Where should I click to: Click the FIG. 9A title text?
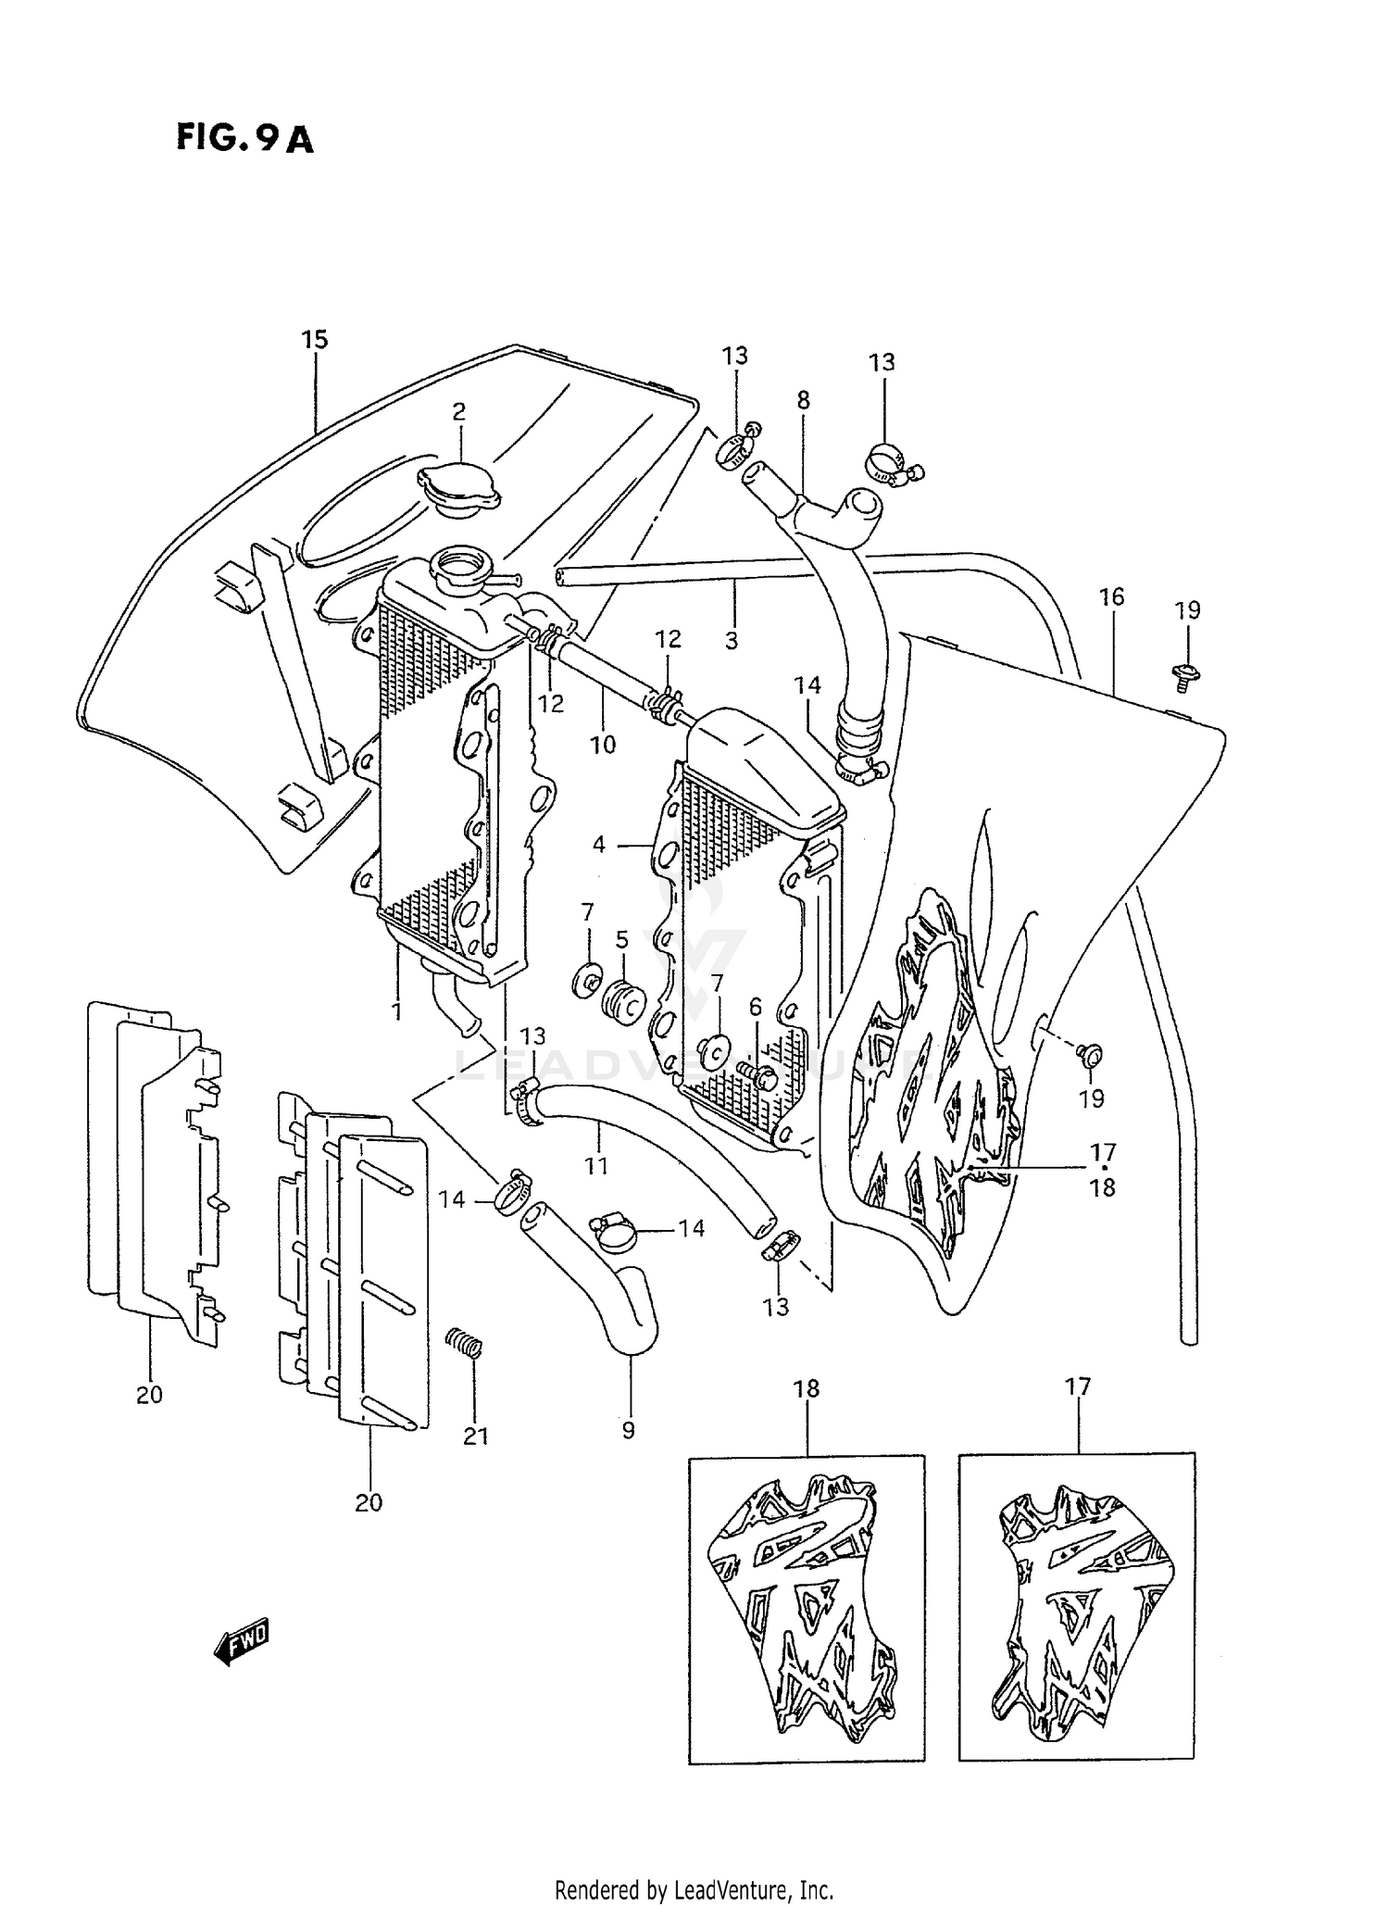coord(244,138)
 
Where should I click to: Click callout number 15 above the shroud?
coord(315,340)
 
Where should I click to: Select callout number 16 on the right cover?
coord(1111,597)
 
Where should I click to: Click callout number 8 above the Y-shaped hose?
coord(803,400)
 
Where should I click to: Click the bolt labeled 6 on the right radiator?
coord(757,1073)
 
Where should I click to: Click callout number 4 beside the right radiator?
coord(599,845)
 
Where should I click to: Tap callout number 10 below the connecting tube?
coord(603,745)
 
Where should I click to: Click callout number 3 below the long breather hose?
coord(732,640)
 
